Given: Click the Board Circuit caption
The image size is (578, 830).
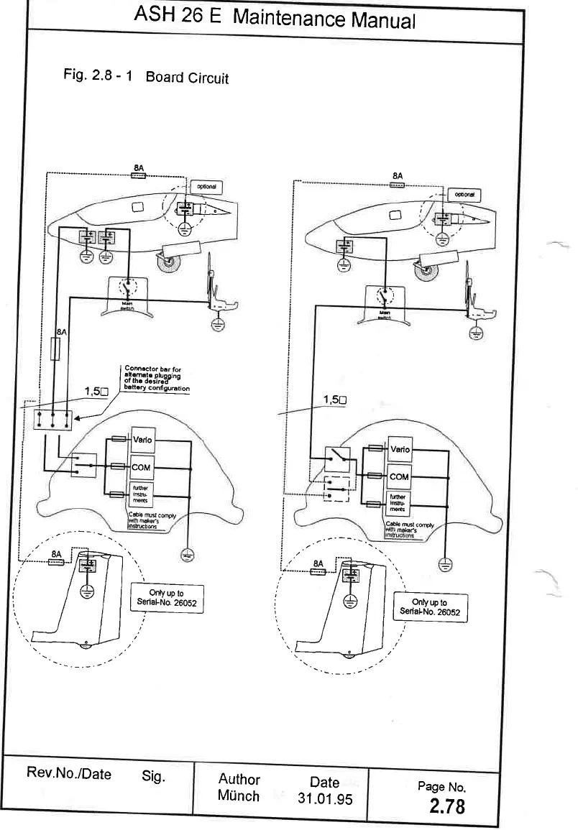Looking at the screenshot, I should coord(187,78).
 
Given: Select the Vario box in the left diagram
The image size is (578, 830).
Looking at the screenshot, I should coord(139,440).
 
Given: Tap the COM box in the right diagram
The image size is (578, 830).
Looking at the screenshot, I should coord(399,476).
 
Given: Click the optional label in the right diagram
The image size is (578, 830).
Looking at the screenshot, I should coord(464,195).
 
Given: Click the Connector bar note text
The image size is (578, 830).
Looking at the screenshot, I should coord(154,378).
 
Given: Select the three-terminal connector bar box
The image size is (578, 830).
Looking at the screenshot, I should coord(52,418).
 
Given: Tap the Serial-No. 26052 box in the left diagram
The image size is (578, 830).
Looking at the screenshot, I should coord(168,599).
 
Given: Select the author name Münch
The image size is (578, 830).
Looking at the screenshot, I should coord(238,796).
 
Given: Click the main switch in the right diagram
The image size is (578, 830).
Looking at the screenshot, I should coord(383,295).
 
